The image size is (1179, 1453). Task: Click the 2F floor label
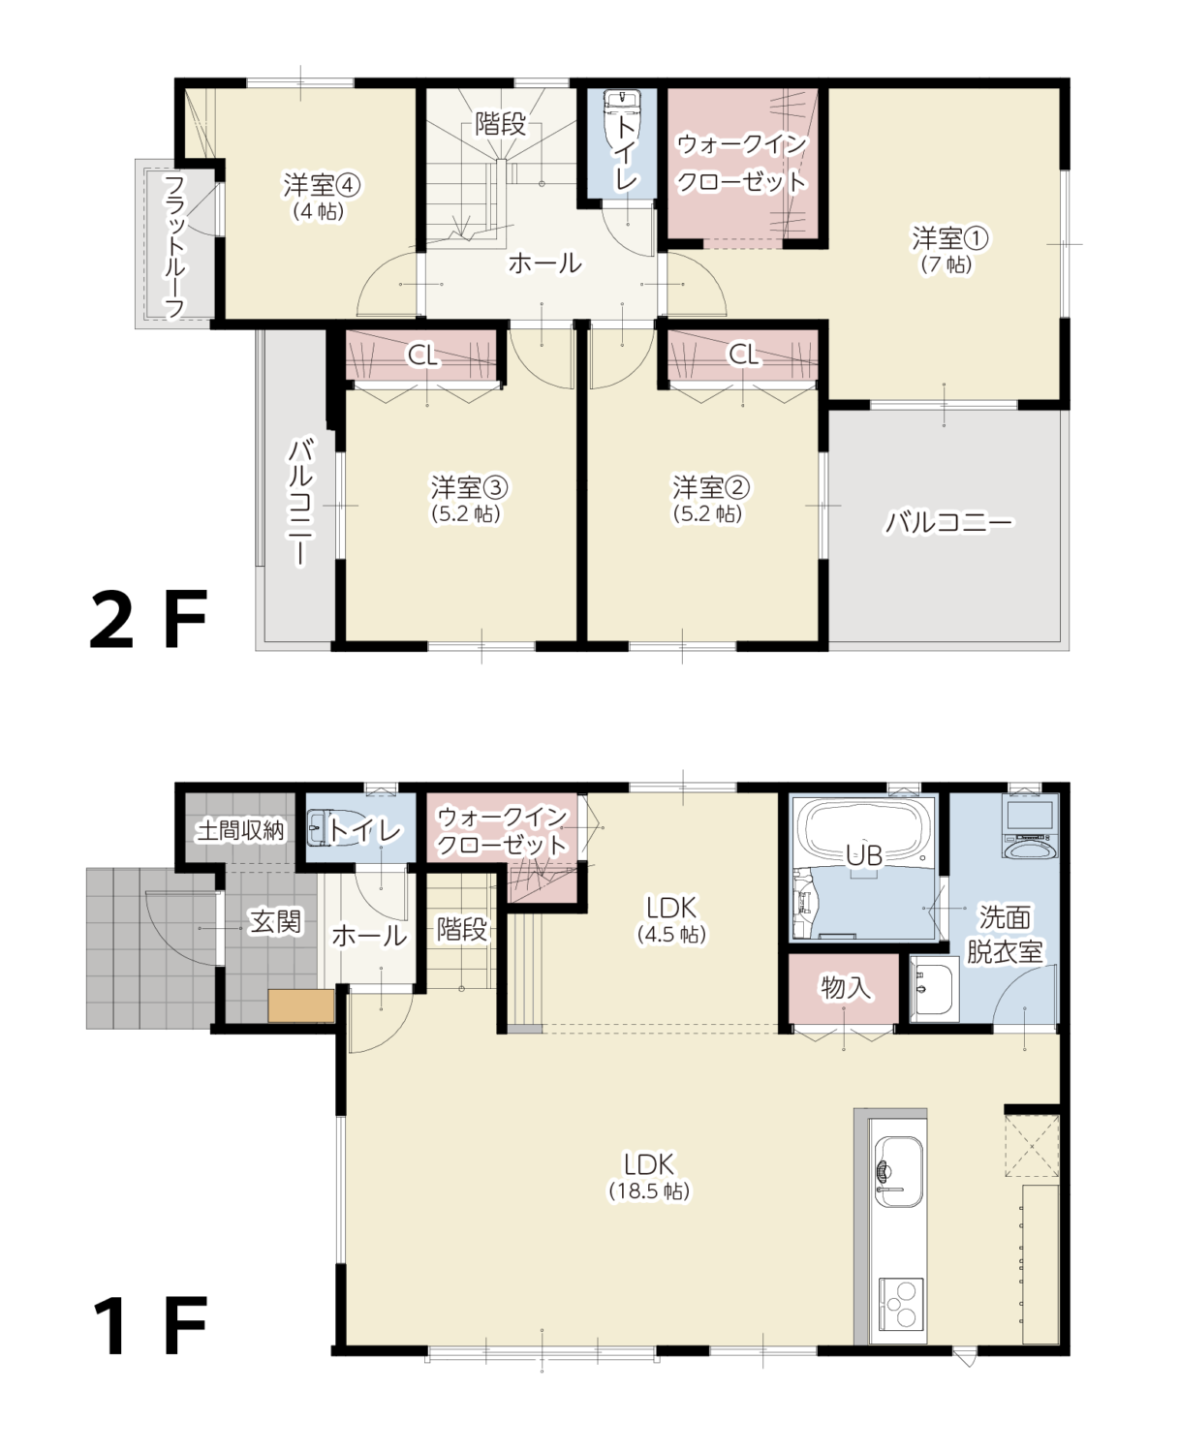click(149, 619)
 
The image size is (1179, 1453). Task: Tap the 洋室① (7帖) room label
click(948, 250)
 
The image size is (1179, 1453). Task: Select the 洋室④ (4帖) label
click(321, 198)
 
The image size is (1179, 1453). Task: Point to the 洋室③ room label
click(468, 500)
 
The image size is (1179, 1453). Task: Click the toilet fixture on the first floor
click(327, 826)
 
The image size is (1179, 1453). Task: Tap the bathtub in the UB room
click(865, 834)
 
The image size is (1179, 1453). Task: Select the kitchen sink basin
click(899, 1172)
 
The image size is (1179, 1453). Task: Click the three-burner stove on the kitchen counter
click(901, 1304)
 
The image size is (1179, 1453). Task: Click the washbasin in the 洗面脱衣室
click(934, 988)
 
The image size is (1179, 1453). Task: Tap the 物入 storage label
click(846, 986)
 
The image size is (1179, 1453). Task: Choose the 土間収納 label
click(240, 830)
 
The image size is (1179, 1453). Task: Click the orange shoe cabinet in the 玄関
click(301, 1006)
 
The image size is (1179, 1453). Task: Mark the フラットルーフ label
click(174, 247)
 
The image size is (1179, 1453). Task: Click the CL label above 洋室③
click(422, 355)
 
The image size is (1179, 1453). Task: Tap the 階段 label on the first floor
click(462, 929)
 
